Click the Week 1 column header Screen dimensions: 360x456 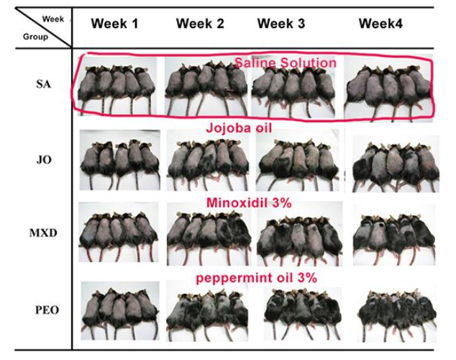114,24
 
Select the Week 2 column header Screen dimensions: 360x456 200,24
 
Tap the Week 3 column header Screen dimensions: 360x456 281,24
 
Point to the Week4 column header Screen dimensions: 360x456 381,24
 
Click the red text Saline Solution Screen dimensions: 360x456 285,63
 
